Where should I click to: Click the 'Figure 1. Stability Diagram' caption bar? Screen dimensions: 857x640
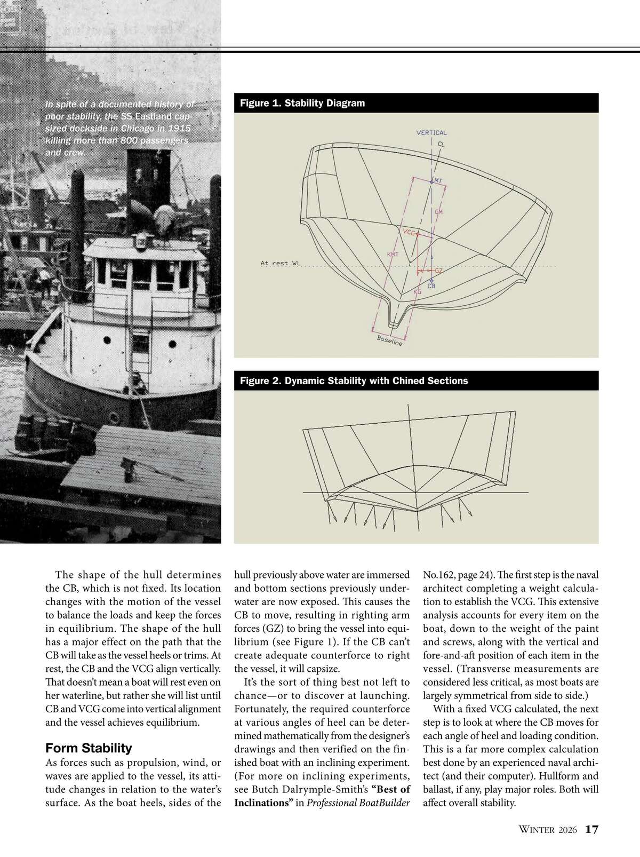(x=416, y=103)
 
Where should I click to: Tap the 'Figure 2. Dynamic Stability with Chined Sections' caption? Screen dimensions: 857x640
(x=416, y=380)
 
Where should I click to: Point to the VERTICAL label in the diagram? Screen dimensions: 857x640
(x=431, y=133)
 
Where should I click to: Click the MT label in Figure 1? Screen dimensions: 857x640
(x=438, y=180)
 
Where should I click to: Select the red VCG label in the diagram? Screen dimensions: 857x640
(x=409, y=233)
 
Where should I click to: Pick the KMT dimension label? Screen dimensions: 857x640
(x=392, y=255)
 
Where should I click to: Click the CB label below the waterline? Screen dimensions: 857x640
(x=431, y=286)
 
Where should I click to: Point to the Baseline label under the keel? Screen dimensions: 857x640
(x=389, y=340)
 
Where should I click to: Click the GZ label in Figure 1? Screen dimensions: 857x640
(x=438, y=271)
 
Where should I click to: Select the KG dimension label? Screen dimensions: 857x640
(x=418, y=292)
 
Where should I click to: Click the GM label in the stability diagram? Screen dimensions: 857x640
(x=439, y=212)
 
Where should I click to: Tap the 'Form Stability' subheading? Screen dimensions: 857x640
(x=89, y=748)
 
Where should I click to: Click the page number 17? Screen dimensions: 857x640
(x=591, y=829)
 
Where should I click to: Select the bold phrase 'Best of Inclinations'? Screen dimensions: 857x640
(x=322, y=796)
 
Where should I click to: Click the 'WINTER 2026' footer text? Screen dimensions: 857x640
(x=548, y=830)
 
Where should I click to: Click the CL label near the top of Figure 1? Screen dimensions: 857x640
(x=441, y=144)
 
